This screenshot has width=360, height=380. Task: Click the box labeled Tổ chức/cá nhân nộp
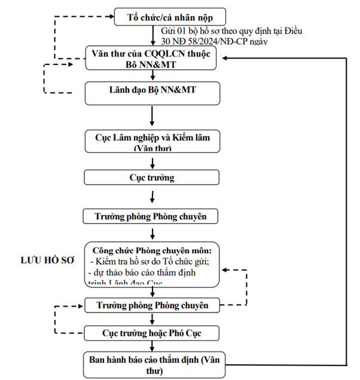(170, 16)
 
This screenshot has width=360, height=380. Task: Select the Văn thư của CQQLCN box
(154, 57)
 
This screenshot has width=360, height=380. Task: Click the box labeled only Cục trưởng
(154, 177)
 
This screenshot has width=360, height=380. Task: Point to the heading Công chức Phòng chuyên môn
(154, 250)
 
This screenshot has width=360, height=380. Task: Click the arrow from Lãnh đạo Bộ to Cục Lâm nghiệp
(154, 117)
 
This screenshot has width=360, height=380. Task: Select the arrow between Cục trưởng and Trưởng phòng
(154, 197)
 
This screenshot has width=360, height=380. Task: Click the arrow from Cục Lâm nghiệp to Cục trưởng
(154, 160)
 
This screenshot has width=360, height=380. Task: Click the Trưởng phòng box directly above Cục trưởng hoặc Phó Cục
(154, 305)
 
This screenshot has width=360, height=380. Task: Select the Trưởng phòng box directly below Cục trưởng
(154, 216)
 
